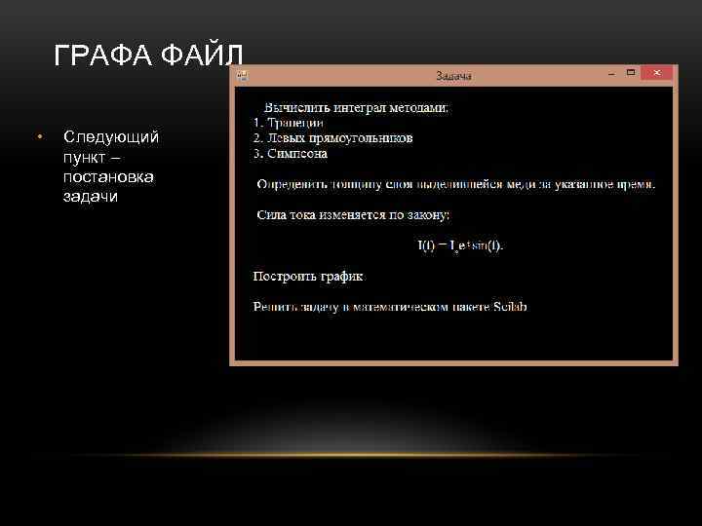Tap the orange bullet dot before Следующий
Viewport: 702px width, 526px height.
pyautogui.click(x=38, y=136)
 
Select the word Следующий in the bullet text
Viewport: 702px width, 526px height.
pyautogui.click(x=110, y=136)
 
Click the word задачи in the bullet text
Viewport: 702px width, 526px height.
pyautogui.click(x=90, y=196)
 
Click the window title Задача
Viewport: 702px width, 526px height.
pyautogui.click(x=452, y=75)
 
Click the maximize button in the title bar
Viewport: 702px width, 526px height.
pyautogui.click(x=632, y=73)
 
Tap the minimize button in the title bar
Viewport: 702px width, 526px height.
pyautogui.click(x=610, y=73)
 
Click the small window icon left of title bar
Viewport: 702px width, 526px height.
pyautogui.click(x=242, y=75)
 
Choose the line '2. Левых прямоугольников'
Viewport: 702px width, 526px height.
pyautogui.click(x=332, y=138)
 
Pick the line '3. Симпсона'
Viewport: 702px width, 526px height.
pyautogui.click(x=290, y=153)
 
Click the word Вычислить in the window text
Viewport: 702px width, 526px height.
pyautogui.click(x=295, y=108)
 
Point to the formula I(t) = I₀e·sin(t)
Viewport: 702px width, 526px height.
pyautogui.click(x=460, y=245)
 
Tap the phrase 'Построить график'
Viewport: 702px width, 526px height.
pyautogui.click(x=308, y=277)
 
